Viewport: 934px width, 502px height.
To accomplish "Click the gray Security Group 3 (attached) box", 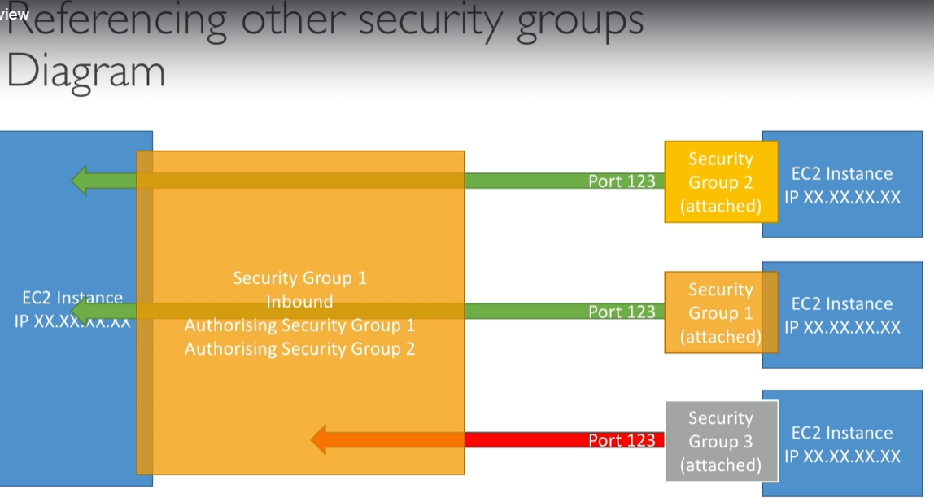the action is click(722, 441).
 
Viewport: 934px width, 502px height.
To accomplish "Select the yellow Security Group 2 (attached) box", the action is click(721, 182).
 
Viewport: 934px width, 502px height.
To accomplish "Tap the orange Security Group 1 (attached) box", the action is click(721, 312).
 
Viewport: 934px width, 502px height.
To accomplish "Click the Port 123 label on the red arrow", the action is click(622, 440).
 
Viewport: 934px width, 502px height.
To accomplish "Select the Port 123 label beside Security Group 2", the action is click(622, 181).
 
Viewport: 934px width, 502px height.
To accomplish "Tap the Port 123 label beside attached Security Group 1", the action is click(622, 312).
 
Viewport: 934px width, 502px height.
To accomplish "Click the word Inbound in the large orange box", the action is click(299, 301).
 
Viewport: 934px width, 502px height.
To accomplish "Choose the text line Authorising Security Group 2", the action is click(299, 349).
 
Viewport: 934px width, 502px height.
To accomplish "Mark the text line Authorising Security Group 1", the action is click(299, 325).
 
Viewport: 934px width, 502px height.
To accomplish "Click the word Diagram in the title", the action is click(85, 72).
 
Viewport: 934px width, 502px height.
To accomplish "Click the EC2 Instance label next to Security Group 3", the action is click(842, 433).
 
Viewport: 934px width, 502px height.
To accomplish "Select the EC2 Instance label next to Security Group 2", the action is click(842, 173).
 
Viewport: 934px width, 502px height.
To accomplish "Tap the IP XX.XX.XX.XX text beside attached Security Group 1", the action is click(842, 327).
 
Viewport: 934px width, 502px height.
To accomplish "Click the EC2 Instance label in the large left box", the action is click(72, 298).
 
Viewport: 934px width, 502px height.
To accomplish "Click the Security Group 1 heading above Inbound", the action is click(299, 278).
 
